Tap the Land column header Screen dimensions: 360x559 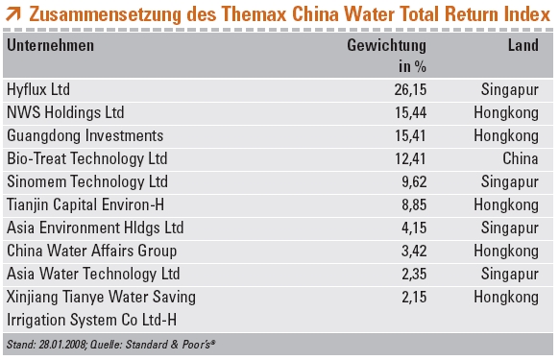pos(523,46)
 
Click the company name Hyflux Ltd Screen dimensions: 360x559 pos(38,89)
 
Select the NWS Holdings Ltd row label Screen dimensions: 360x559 pos(65,112)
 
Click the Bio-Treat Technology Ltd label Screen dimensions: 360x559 pos(86,158)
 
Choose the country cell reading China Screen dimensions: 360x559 pos(520,158)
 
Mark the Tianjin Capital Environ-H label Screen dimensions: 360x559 pos(87,204)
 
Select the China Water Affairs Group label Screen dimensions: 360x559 pos(91,251)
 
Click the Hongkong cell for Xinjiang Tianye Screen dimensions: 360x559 pos(509,297)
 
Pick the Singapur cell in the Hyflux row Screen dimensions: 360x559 pos(511,89)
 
